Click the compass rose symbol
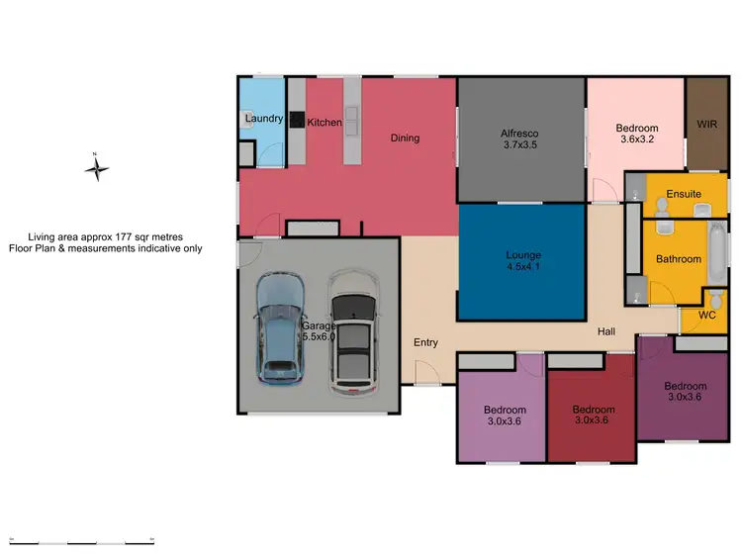pyautogui.click(x=96, y=168)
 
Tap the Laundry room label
pyautogui.click(x=263, y=119)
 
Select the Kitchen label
pyautogui.click(x=325, y=123)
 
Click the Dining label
pyautogui.click(x=405, y=138)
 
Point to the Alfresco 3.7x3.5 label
pyautogui.click(x=518, y=139)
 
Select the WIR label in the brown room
pyautogui.click(x=706, y=126)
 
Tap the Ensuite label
pyautogui.click(x=684, y=193)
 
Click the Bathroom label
pyautogui.click(x=679, y=259)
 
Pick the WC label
pyautogui.click(x=706, y=315)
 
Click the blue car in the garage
pyautogui.click(x=280, y=328)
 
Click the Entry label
pyautogui.click(x=425, y=342)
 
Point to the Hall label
pyautogui.click(x=607, y=332)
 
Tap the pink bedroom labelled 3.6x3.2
pyautogui.click(x=636, y=134)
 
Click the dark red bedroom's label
pyautogui.click(x=594, y=416)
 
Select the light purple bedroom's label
pyautogui.click(x=505, y=416)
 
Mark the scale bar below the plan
pyautogui.click(x=81, y=541)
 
